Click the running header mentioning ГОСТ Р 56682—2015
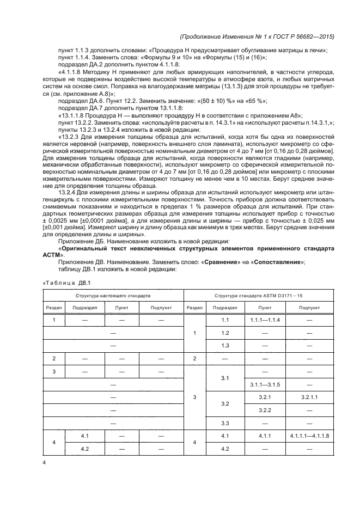point(257,36)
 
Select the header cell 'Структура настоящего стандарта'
point(113,295)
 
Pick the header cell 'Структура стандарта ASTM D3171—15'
point(259,295)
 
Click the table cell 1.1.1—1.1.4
point(265,320)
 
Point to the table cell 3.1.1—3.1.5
point(265,385)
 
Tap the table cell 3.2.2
point(265,410)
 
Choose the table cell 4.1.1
point(265,437)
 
